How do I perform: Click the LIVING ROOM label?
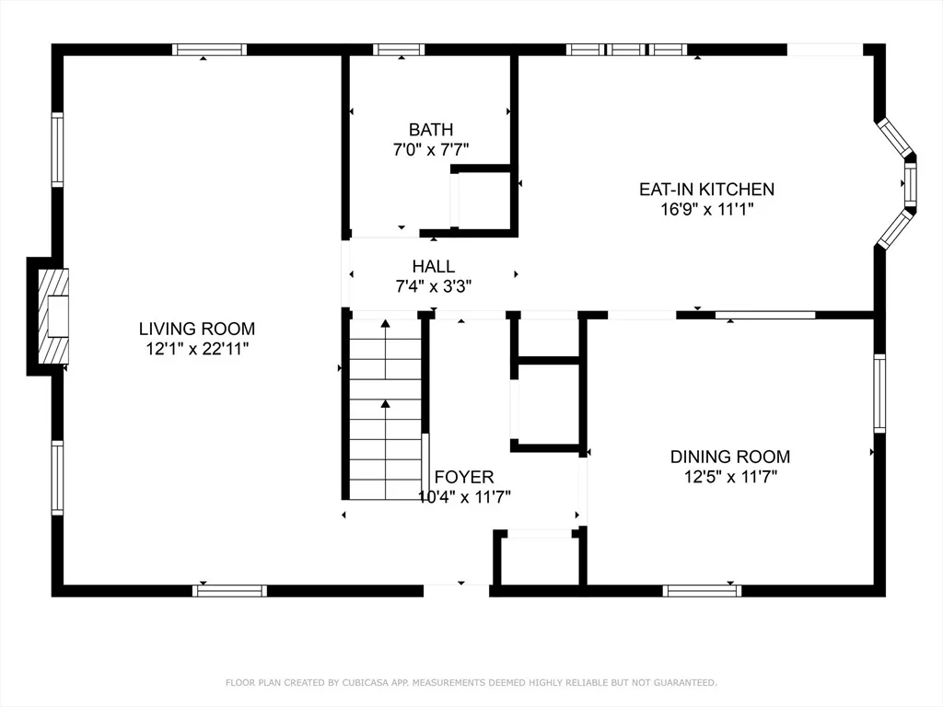pyautogui.click(x=197, y=329)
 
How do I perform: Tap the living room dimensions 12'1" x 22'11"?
pyautogui.click(x=197, y=349)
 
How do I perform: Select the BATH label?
pyautogui.click(x=431, y=129)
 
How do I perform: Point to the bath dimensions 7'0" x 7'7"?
pyautogui.click(x=431, y=149)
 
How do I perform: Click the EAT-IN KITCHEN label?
pyautogui.click(x=706, y=190)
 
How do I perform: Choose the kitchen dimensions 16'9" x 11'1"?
pyautogui.click(x=706, y=209)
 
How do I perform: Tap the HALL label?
pyautogui.click(x=433, y=266)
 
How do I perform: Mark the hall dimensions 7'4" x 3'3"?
pyautogui.click(x=433, y=286)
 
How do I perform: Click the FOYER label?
pyautogui.click(x=464, y=477)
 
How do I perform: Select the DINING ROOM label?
pyautogui.click(x=730, y=457)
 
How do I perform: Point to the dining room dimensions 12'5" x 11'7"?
pyautogui.click(x=730, y=477)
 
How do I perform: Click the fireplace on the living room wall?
pyautogui.click(x=52, y=317)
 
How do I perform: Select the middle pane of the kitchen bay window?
pyautogui.click(x=910, y=184)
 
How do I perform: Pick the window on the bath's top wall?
pyautogui.click(x=399, y=50)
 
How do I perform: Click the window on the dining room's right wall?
pyautogui.click(x=879, y=393)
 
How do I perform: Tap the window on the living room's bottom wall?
pyautogui.click(x=229, y=591)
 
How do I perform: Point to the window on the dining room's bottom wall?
pyautogui.click(x=702, y=591)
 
